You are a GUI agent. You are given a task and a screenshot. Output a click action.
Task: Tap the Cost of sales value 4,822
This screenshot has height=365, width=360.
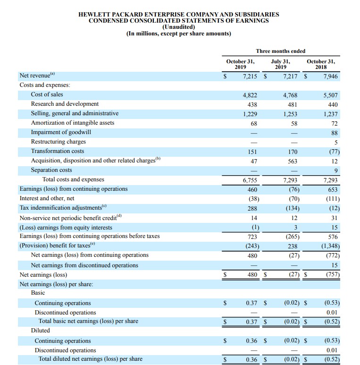coord(249,95)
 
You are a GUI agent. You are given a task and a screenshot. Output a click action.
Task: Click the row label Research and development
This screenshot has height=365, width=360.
coord(65,104)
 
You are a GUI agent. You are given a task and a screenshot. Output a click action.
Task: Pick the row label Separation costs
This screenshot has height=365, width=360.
coord(51,170)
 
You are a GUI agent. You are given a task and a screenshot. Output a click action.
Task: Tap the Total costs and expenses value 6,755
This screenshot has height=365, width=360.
coord(249,180)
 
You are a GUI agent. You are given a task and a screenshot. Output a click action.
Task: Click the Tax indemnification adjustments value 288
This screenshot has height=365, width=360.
coord(252,208)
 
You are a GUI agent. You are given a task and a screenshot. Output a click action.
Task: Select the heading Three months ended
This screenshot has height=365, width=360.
coord(280,51)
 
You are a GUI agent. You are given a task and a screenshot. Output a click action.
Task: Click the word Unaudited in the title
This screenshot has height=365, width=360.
coord(179,27)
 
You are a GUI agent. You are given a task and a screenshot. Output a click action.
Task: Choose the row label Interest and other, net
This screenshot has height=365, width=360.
coord(47,198)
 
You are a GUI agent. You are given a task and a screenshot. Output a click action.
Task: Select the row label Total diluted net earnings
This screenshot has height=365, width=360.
coord(90,359)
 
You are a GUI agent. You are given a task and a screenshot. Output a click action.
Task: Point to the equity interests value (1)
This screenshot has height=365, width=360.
coord(253,227)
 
